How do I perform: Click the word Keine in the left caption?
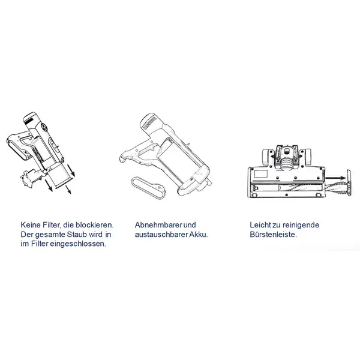tap(29, 225)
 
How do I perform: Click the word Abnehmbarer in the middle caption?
tap(152, 225)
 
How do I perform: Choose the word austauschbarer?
tap(157, 235)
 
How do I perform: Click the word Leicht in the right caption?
tap(260, 225)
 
